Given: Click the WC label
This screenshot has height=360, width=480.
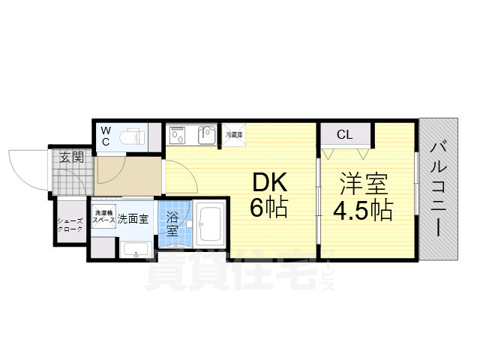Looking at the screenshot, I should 106,136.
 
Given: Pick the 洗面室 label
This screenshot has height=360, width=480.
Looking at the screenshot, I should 133,219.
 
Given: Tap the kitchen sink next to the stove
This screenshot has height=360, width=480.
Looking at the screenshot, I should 206,136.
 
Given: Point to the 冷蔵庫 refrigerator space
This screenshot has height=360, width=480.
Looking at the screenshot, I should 234,135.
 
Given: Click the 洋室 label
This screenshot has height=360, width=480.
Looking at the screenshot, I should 361,184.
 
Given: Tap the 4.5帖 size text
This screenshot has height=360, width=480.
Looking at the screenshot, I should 363,209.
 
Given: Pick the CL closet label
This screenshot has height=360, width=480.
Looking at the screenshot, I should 344,135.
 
